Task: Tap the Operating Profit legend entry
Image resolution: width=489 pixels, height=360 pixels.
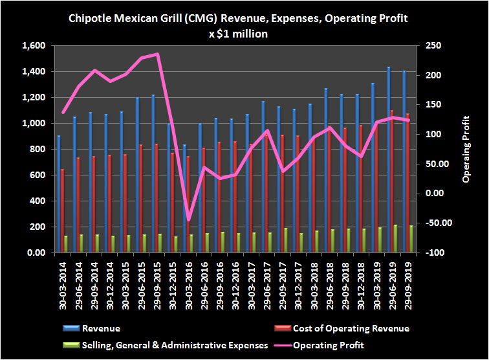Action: [333, 344]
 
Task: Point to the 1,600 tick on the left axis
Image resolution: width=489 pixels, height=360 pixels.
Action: [32, 46]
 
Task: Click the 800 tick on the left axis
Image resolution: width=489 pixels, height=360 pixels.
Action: [36, 150]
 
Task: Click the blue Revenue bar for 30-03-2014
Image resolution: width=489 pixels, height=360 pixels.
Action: [59, 194]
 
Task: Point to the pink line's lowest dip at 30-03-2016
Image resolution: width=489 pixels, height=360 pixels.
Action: [189, 219]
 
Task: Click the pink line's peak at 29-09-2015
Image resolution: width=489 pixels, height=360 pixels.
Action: [157, 54]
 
